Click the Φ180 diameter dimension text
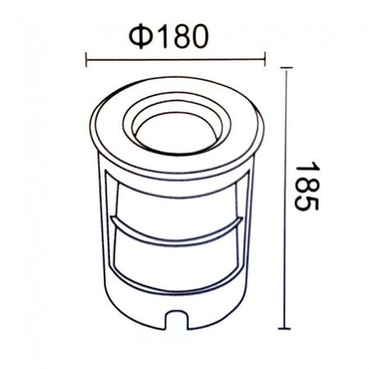click(x=175, y=34)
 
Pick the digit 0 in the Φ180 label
click(x=207, y=34)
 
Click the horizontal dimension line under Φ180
click(x=175, y=58)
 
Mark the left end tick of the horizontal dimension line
click(x=87, y=58)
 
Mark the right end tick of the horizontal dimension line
click(x=265, y=58)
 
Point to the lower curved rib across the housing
click(x=175, y=290)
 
